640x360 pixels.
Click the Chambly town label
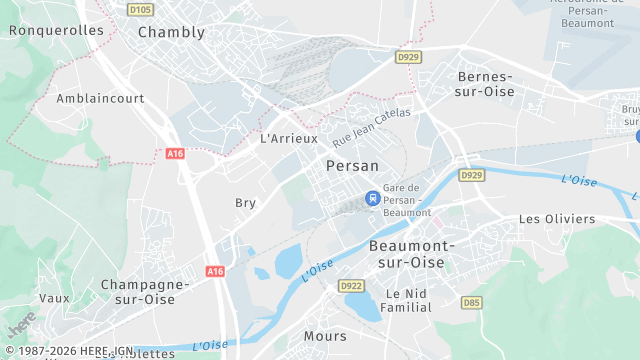171,32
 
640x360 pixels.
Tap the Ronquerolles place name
56,30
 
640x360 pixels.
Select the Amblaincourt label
100,99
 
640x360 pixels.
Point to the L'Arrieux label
288,139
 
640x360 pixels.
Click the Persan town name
352,166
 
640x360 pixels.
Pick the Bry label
245,203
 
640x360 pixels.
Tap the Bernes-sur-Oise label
485,84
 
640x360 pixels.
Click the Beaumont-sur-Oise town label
412,253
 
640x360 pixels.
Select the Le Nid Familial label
408,301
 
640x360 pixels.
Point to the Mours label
325,337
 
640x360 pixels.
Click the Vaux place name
54,298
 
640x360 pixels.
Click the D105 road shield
140,10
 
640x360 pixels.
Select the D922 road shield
351,285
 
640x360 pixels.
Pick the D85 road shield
471,302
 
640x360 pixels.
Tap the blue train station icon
373,198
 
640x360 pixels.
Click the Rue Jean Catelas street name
372,128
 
